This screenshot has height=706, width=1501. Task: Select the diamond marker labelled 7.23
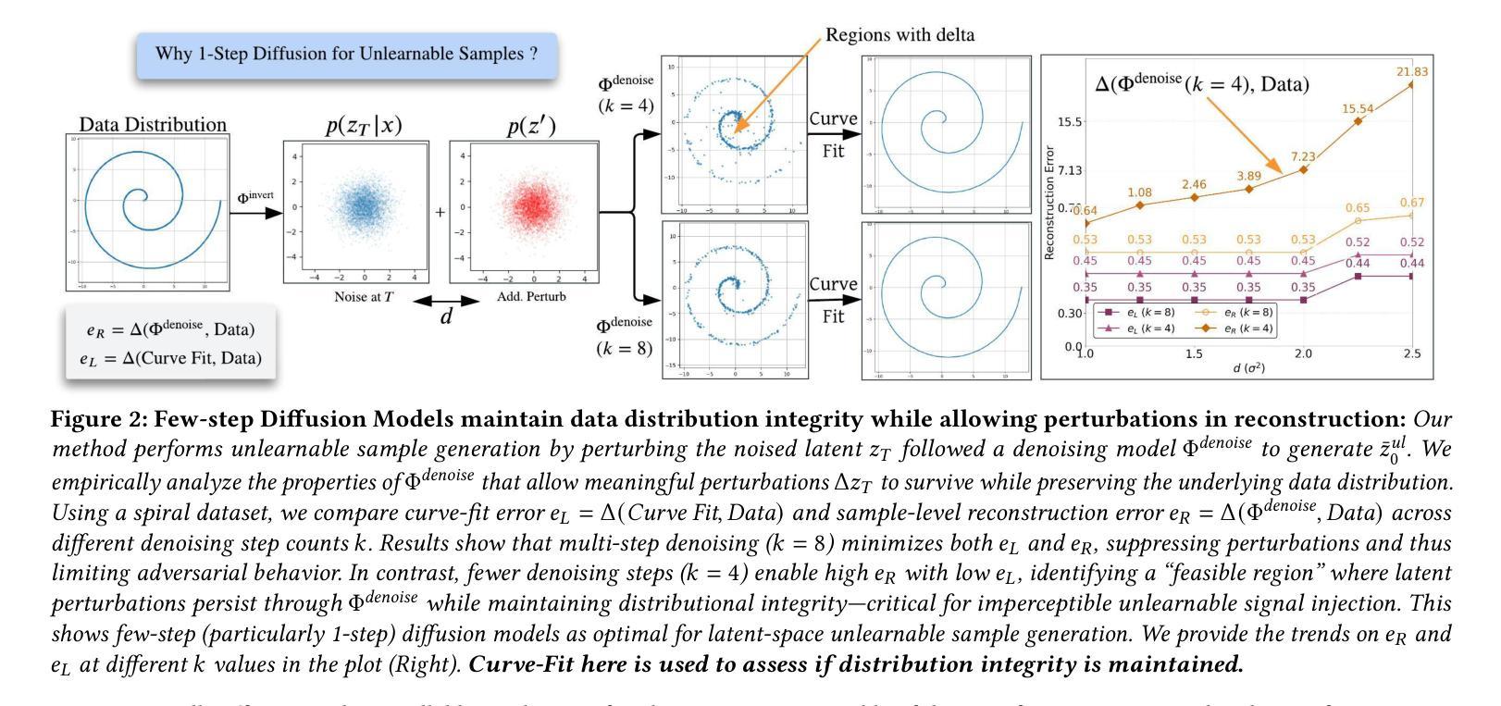coord(1303,169)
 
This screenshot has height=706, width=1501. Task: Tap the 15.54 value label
coord(1358,108)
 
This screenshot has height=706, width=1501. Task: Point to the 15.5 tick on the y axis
coord(1070,122)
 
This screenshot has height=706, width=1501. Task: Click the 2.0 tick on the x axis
coord(1303,353)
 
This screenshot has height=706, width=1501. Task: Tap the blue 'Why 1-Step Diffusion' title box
coord(347,54)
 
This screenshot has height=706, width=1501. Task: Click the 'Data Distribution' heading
coord(153,124)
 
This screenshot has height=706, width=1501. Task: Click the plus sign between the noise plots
coord(440,212)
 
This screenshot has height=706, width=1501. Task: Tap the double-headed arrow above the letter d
coord(446,301)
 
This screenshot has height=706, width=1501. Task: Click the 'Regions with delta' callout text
coord(899,35)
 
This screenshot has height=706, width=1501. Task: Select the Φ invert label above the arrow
coord(254,197)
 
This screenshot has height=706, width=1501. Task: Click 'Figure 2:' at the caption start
coord(98,419)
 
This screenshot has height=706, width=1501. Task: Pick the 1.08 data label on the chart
coord(1139,192)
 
